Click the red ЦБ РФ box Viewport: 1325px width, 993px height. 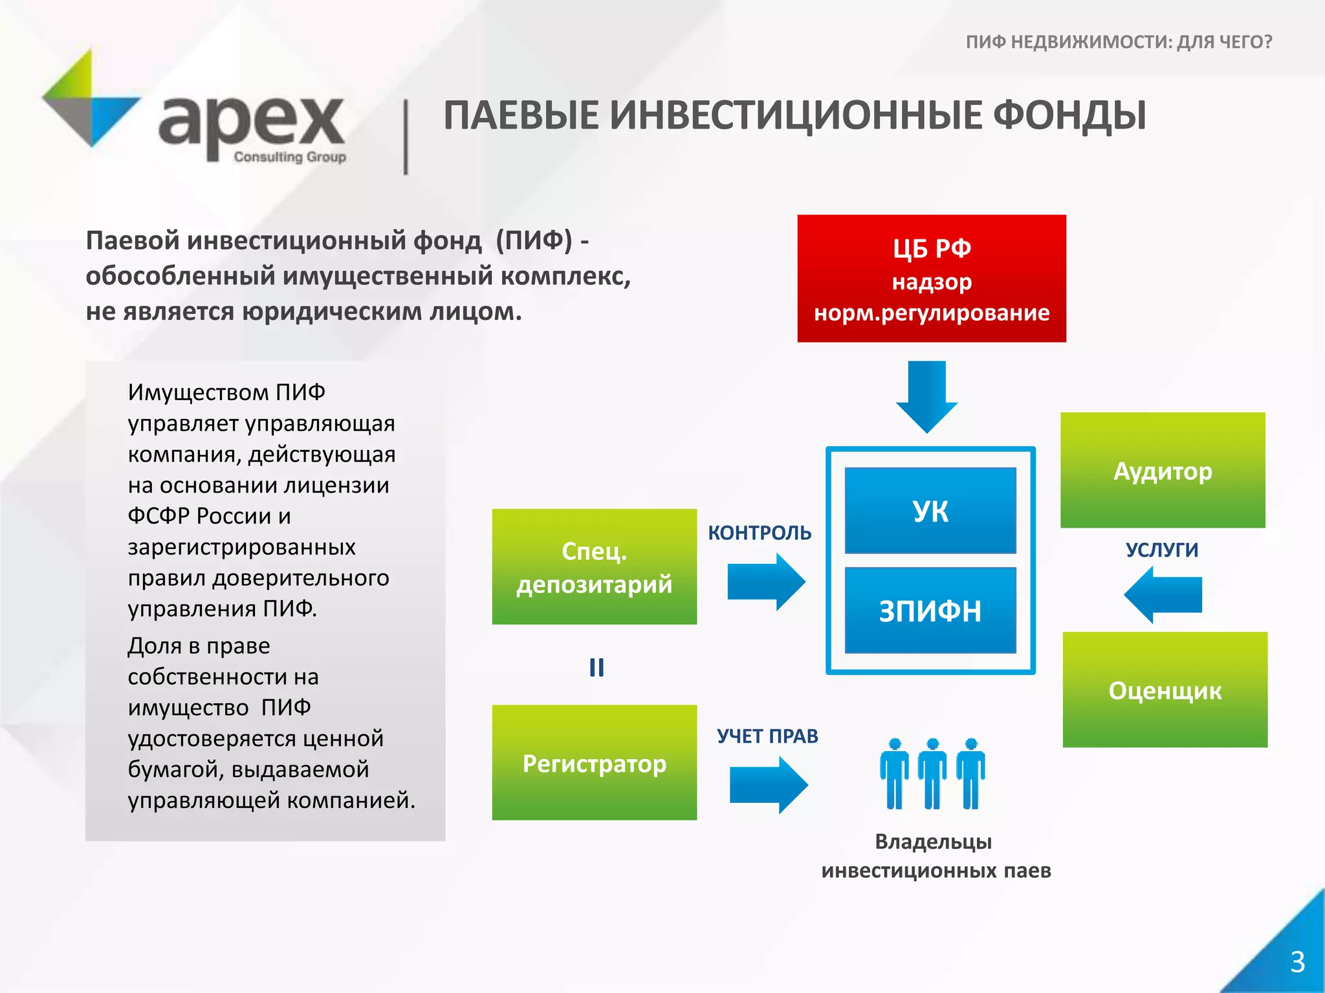931,278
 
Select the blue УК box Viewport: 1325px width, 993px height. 930,511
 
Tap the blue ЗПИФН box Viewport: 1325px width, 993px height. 930,610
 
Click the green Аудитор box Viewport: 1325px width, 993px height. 1163,470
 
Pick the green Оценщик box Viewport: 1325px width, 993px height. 1165,690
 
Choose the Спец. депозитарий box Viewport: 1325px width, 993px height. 594,567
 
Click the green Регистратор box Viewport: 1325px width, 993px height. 594,763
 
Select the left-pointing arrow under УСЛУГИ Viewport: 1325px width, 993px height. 1163,595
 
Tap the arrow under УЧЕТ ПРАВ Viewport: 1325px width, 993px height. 768,785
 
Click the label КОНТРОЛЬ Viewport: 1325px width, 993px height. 760,533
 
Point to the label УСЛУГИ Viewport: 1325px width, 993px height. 1162,550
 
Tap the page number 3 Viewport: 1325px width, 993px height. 1297,962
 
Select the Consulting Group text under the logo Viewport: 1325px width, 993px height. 290,156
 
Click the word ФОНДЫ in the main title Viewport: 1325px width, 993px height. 1069,116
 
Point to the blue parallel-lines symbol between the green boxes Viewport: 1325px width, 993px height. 597,667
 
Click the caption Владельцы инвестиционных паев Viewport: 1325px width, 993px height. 936,856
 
